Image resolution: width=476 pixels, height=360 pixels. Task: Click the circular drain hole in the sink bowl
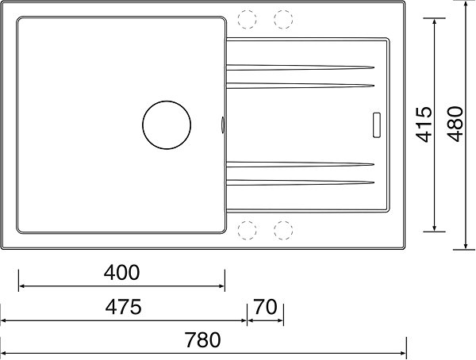[x=167, y=101]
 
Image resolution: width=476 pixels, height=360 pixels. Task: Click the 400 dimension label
[x=121, y=273]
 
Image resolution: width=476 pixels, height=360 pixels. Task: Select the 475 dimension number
[x=123, y=307]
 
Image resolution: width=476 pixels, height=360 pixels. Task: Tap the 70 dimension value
[x=265, y=307]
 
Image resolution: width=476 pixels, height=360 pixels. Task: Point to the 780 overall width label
[x=203, y=340]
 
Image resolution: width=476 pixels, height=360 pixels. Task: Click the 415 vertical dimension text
[x=424, y=124]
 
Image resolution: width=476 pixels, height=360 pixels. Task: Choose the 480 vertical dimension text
[x=455, y=124]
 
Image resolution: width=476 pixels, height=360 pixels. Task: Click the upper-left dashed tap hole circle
[x=247, y=10]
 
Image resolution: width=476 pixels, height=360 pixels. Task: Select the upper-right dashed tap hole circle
[x=283, y=10]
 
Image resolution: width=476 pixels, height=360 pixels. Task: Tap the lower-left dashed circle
[x=247, y=221]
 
